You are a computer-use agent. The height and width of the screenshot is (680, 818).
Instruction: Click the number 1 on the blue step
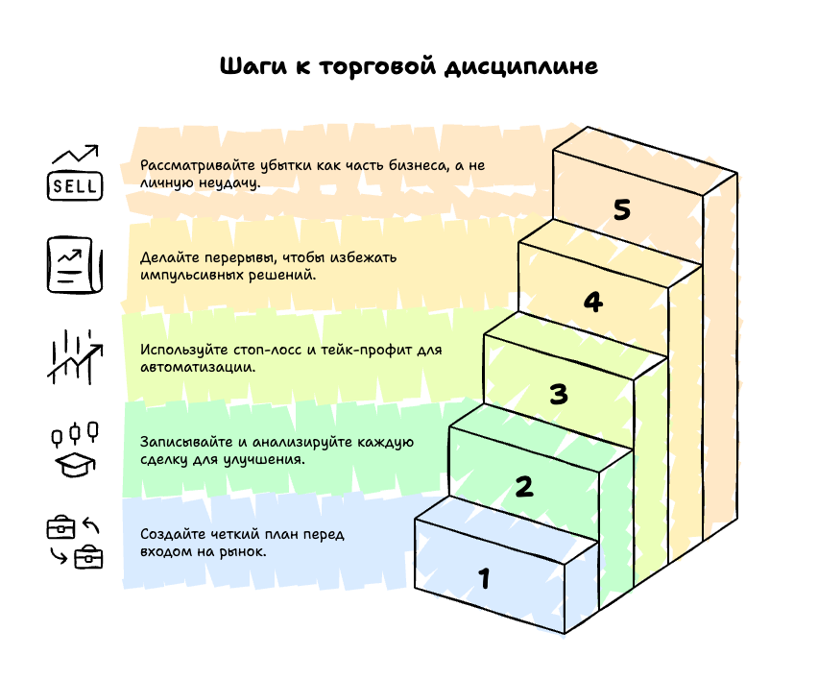[485, 579]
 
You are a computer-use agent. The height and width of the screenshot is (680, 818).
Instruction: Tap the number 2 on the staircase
[523, 487]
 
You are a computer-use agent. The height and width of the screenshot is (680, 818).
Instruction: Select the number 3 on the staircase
[559, 395]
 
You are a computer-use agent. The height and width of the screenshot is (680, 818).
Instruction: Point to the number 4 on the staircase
[593, 303]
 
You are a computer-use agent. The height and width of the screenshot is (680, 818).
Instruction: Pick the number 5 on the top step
[622, 210]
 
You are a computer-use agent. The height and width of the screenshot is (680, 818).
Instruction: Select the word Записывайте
[183, 442]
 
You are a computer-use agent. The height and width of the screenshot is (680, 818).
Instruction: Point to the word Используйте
[183, 350]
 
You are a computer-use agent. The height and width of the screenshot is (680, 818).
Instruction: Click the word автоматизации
[197, 368]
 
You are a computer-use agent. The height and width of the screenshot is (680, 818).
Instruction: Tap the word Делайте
[166, 257]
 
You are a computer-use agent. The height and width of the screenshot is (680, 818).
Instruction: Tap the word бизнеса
[418, 165]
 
